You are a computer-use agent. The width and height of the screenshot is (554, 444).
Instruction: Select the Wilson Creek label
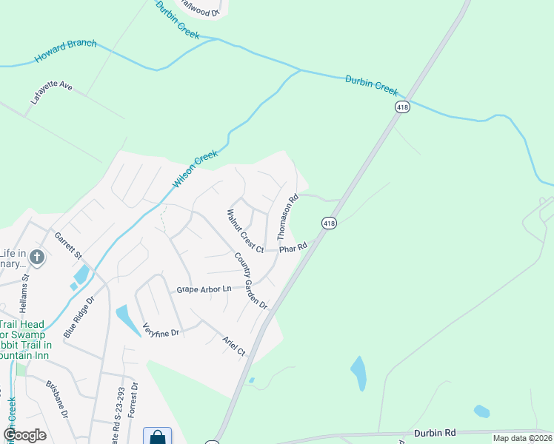pos(196,169)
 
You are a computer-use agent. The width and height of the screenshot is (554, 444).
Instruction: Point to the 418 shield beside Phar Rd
pos(329,223)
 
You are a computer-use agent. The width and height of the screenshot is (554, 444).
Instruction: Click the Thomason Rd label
pos(287,217)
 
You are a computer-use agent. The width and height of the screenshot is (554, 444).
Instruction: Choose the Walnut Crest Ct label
pos(245,231)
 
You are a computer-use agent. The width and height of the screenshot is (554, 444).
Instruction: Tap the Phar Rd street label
pos(293,249)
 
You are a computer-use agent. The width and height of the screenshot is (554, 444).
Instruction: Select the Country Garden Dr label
pos(250,281)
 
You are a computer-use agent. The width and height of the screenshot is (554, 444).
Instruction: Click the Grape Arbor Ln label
pos(204,289)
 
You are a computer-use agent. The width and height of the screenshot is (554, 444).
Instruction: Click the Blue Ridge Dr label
pos(80,317)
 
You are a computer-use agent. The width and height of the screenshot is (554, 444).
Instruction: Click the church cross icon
pos(37,258)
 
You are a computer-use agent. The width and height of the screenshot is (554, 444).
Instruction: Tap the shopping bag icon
pos(158,437)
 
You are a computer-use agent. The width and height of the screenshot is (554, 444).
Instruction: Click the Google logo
pos(24,434)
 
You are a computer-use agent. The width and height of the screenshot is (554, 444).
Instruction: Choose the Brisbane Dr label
pos(57,400)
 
